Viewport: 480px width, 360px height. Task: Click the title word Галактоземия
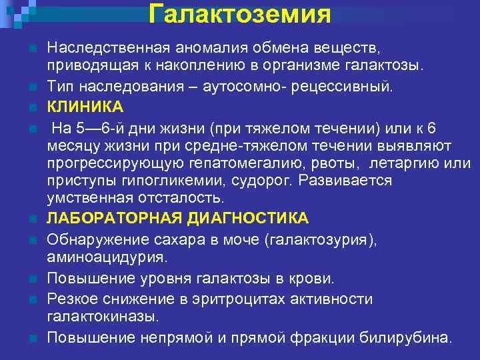(x=240, y=13)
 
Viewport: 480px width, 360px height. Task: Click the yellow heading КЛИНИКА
(x=85, y=107)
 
